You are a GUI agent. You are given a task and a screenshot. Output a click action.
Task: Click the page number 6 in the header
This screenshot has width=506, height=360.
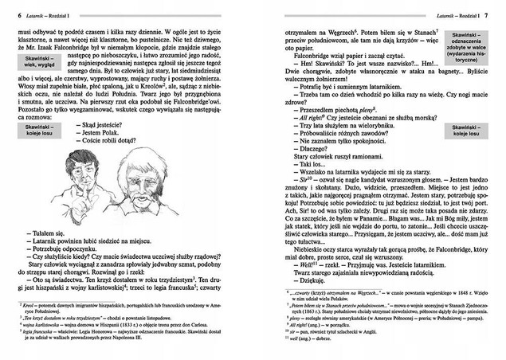(x=8, y=14)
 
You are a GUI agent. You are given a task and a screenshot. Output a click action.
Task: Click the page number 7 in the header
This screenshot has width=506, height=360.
(x=496, y=14)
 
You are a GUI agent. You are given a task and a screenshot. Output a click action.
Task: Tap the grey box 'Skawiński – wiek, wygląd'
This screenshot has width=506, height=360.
(x=33, y=85)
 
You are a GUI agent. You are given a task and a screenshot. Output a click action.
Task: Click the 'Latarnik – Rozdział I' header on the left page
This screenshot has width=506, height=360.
(x=47, y=14)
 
